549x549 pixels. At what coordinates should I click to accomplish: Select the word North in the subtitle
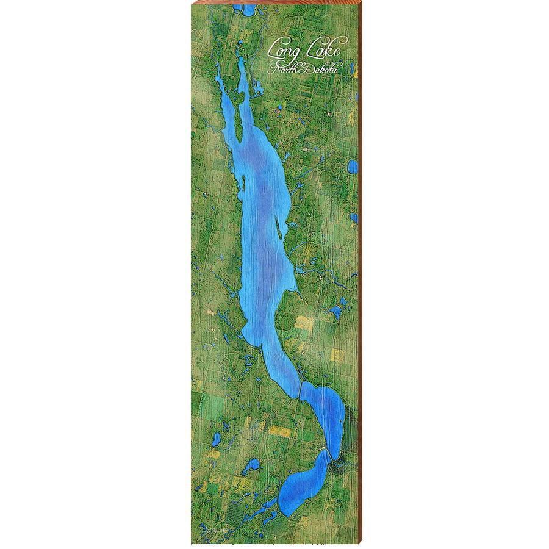(x=283, y=71)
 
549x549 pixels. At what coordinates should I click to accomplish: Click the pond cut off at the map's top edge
(x=247, y=10)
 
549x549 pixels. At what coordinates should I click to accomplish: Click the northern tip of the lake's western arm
(x=218, y=71)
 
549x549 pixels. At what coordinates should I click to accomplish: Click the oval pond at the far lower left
(x=215, y=439)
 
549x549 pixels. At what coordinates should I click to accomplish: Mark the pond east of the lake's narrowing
(x=335, y=313)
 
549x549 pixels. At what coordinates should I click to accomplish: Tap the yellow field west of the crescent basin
(x=280, y=431)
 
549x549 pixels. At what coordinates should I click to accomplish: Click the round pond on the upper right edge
(x=352, y=167)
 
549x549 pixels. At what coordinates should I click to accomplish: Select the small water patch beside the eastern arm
(x=278, y=110)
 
